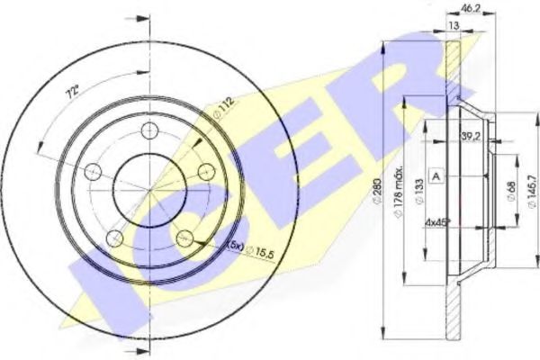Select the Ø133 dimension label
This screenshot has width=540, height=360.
pos(419,189)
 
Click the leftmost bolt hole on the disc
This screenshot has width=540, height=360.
pos(93,172)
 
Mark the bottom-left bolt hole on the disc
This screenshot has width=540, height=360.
pos(115,237)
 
